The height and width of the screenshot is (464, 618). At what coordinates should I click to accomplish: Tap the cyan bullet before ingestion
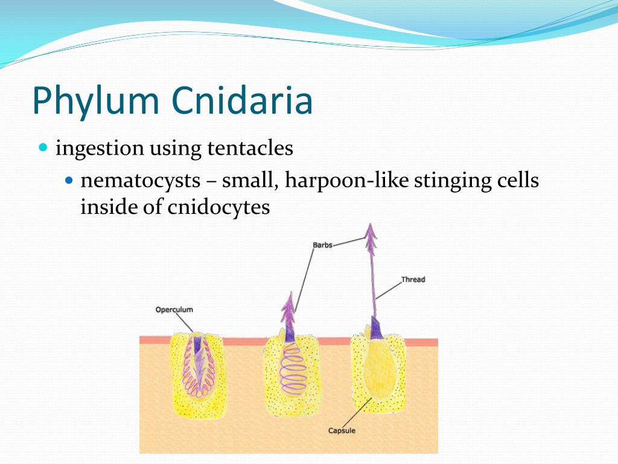(x=42, y=147)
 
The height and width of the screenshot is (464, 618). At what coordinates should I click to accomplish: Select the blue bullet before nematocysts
(x=68, y=180)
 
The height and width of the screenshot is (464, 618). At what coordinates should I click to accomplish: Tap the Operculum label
(x=174, y=309)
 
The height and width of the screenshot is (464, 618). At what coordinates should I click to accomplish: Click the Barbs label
(x=322, y=245)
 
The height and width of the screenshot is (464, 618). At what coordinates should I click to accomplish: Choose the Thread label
(x=413, y=279)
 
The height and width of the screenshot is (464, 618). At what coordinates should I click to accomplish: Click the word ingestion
(x=100, y=148)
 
